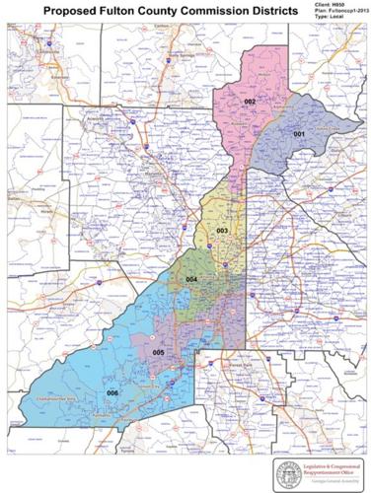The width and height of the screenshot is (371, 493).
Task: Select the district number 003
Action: [223, 230]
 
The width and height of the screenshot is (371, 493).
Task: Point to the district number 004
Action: [191, 280]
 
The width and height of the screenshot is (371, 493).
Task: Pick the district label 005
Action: [157, 352]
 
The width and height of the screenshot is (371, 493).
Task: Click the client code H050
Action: [349, 5]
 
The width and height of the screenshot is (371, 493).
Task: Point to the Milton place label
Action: [263, 75]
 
